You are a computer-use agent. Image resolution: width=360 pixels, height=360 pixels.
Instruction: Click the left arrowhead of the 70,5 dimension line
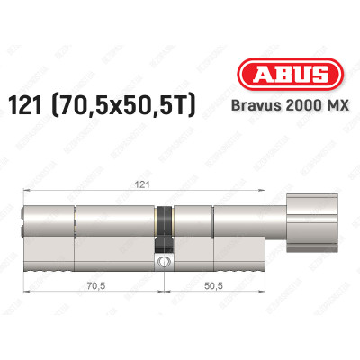tap(22, 300)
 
